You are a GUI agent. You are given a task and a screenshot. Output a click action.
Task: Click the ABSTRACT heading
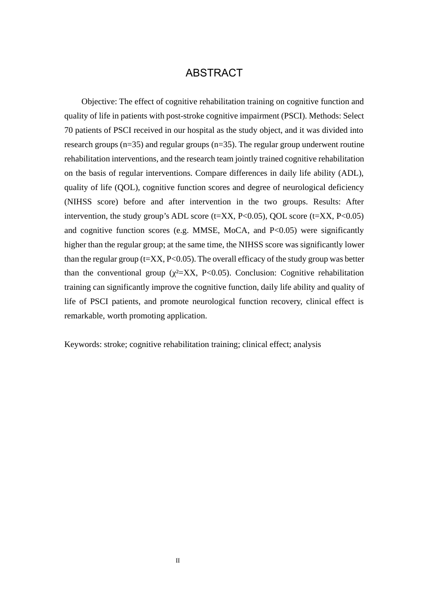pyautogui.click(x=214, y=73)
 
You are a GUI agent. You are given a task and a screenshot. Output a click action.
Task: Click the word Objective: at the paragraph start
pyautogui.click(x=99, y=102)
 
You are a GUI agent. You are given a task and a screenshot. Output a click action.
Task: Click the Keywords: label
pyautogui.click(x=83, y=344)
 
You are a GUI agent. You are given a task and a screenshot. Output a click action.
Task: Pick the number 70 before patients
pyautogui.click(x=68, y=130)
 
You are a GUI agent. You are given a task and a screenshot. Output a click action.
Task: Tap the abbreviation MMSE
pyautogui.click(x=205, y=230)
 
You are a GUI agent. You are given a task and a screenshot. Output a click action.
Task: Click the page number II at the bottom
pyautogui.click(x=178, y=560)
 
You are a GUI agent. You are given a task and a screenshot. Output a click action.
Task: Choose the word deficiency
pyautogui.click(x=346, y=187)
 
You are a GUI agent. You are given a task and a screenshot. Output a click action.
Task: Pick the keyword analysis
pyautogui.click(x=307, y=344)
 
